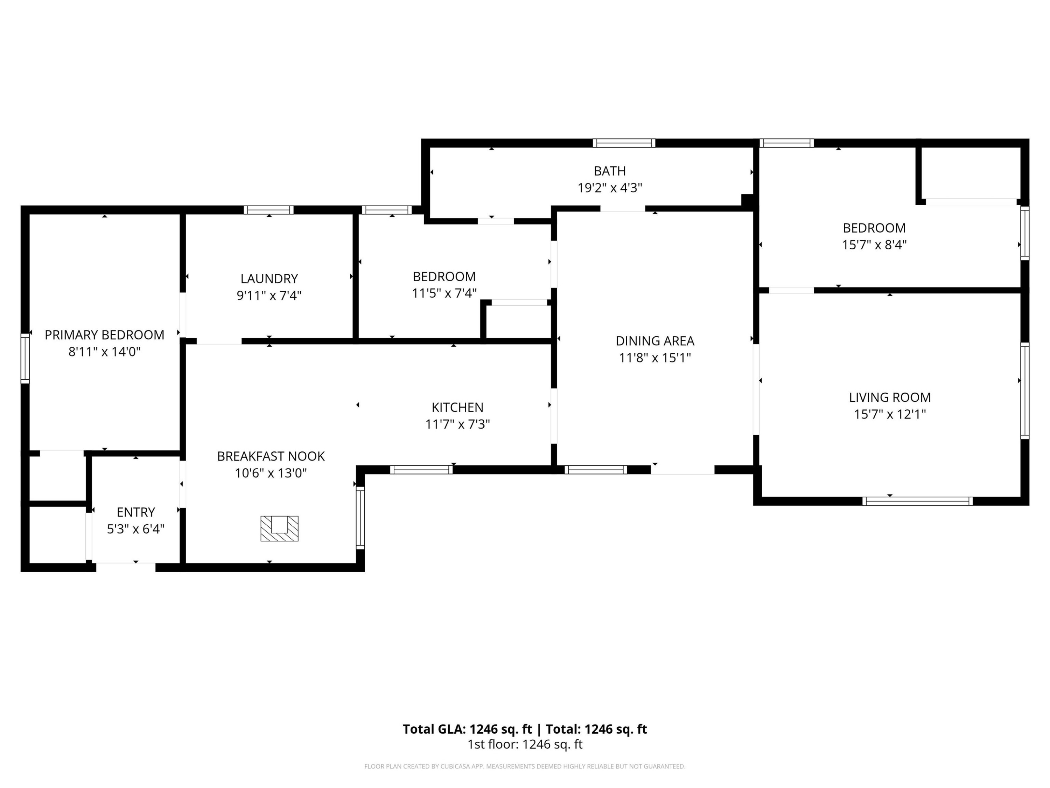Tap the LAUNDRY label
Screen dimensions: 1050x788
(x=269, y=279)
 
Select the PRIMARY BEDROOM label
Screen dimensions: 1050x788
(x=104, y=335)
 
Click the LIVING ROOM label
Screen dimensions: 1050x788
(x=890, y=397)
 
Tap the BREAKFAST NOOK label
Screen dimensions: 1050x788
(x=271, y=456)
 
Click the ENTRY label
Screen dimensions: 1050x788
(x=136, y=512)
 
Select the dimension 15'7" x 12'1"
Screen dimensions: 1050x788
(x=890, y=414)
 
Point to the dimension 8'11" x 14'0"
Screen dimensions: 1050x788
(x=104, y=352)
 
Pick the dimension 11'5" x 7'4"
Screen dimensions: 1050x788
(x=444, y=293)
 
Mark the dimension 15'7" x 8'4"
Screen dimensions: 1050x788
(x=874, y=245)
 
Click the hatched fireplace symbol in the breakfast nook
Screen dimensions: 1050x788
(x=280, y=528)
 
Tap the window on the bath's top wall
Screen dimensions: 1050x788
(x=624, y=143)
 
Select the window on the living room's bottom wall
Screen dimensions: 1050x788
(x=918, y=501)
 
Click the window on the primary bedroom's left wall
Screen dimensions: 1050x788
(x=25, y=358)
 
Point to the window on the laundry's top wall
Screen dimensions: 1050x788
(x=269, y=210)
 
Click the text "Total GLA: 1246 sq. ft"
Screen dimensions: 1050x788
(x=468, y=729)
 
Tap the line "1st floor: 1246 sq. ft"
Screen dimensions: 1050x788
(x=525, y=744)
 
